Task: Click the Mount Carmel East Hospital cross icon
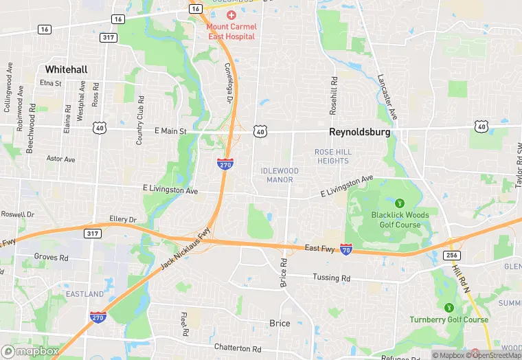click(x=231, y=15)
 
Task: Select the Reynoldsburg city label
click(x=359, y=131)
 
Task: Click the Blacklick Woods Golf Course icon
click(x=399, y=203)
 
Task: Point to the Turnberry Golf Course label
click(x=449, y=319)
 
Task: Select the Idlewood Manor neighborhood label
click(x=280, y=175)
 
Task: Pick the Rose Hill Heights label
click(x=332, y=156)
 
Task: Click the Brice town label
click(x=279, y=323)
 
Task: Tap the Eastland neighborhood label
click(x=85, y=294)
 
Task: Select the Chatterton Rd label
click(x=238, y=348)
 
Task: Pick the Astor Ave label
click(x=60, y=159)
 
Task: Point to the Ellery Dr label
click(x=123, y=219)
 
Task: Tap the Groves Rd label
click(x=51, y=257)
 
